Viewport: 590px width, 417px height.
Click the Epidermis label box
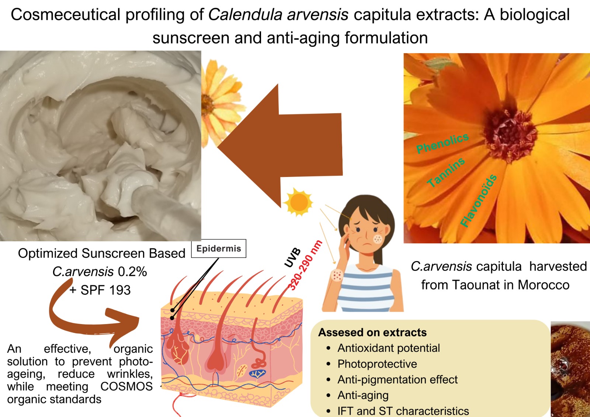219,249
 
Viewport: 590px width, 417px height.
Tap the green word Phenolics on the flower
442,143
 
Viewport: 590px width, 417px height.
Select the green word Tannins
446,172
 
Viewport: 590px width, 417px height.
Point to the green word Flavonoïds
479,201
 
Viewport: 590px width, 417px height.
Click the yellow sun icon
299,202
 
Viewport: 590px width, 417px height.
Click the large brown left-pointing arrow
280,145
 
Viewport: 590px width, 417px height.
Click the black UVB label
292,257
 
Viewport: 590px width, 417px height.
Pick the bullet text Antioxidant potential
389,348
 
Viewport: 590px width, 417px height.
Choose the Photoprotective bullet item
377,364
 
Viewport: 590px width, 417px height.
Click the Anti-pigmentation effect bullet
398,379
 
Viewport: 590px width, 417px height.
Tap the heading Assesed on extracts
372,333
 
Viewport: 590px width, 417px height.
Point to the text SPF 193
105,290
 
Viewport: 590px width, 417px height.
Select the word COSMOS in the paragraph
126,386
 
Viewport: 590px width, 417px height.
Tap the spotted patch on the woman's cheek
378,239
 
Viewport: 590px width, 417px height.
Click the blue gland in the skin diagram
257,374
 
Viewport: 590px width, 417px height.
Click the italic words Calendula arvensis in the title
278,15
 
